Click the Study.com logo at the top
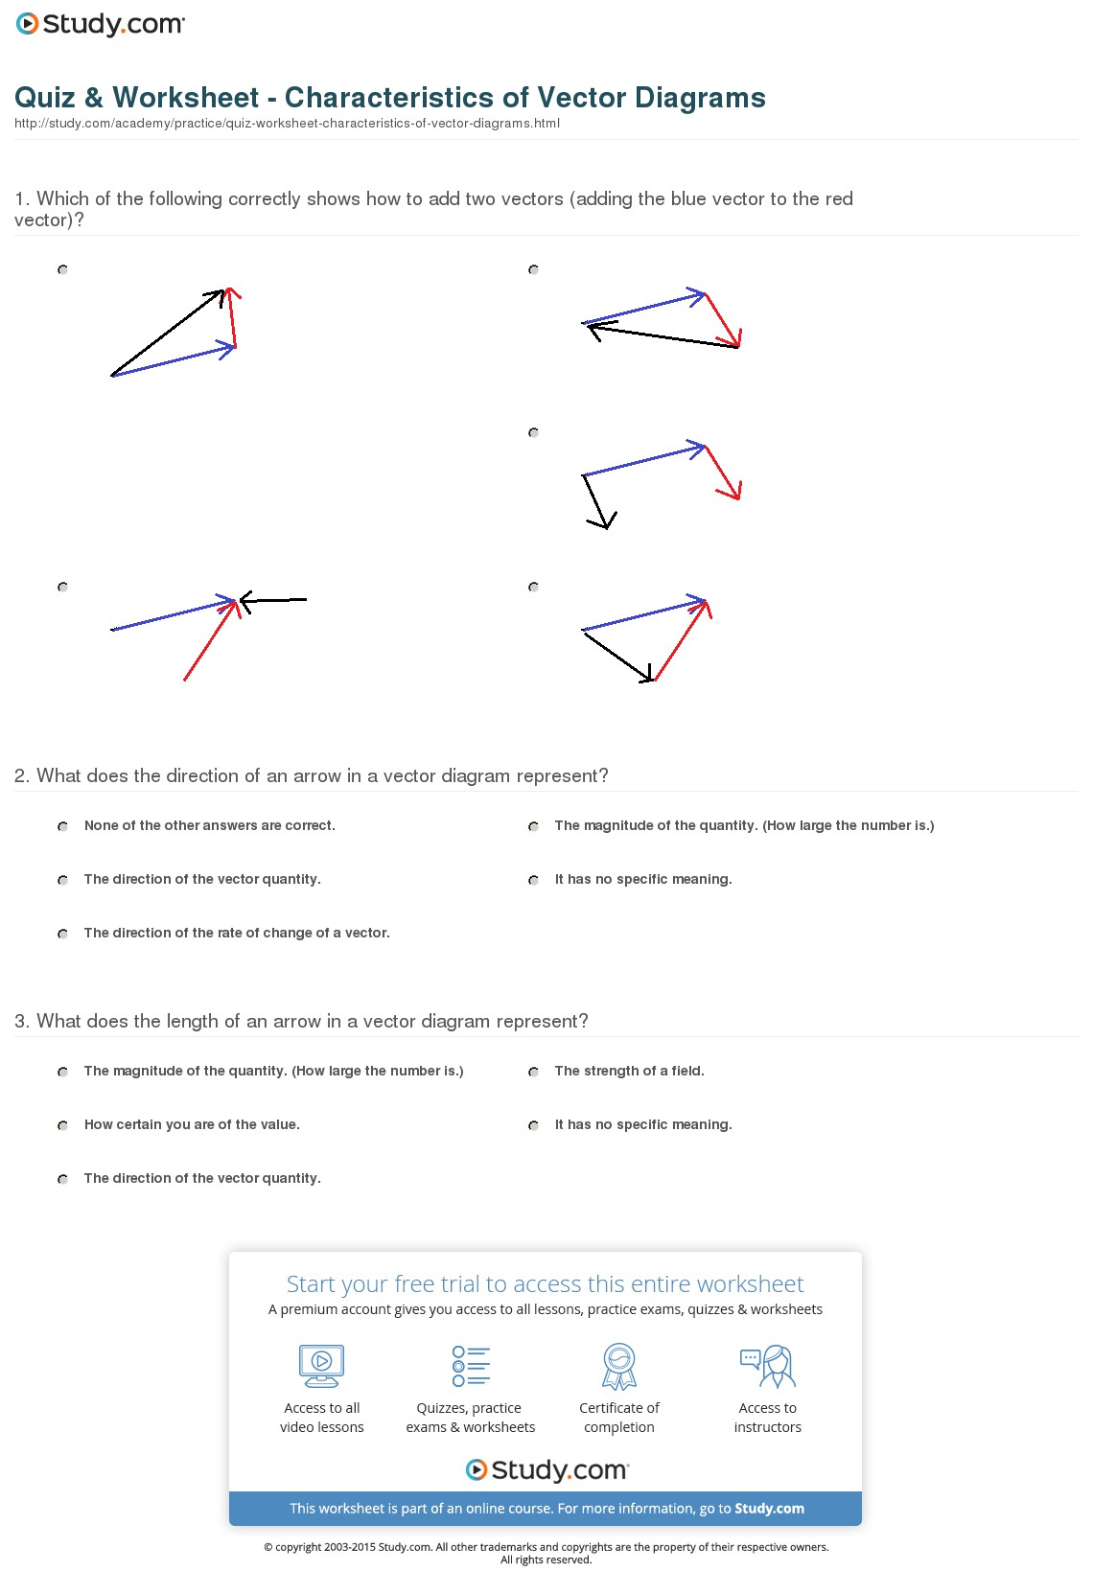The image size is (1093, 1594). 101,24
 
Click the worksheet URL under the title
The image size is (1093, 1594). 287,124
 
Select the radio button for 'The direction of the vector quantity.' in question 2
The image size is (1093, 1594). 62,880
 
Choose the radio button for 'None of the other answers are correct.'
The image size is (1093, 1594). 62,826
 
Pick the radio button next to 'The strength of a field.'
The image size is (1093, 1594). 533,1072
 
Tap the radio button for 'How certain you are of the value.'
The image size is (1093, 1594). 62,1125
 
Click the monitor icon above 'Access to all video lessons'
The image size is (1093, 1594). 321,1366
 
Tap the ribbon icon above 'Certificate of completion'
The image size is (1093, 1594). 619,1366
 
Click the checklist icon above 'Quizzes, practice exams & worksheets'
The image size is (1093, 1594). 471,1366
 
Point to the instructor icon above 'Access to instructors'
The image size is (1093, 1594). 768,1366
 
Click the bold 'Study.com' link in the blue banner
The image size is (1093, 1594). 769,1509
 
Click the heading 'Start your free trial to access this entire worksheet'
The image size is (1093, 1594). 545,1284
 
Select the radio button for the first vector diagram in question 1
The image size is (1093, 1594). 62,270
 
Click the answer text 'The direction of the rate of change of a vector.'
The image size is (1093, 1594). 237,933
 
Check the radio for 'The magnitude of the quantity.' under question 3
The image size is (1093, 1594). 62,1072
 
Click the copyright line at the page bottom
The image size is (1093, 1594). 546,1547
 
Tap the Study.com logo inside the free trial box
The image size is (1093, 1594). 546,1470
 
